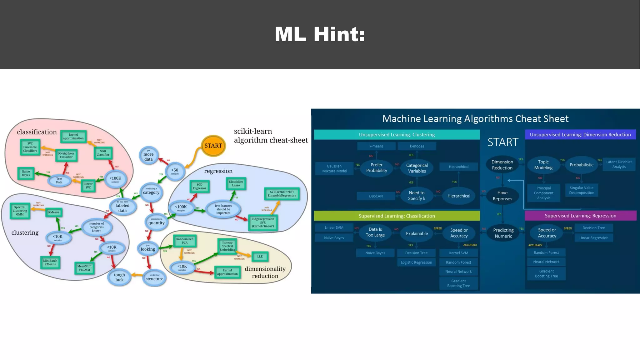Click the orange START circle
(x=213, y=146)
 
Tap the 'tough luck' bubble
(x=119, y=277)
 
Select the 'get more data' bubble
(x=148, y=155)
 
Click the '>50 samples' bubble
(x=175, y=171)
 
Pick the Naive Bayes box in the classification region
(x=26, y=173)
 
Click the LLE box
(x=260, y=257)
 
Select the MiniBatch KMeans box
(x=50, y=262)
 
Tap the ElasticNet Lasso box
(x=236, y=183)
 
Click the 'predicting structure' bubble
(x=154, y=277)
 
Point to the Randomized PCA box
(x=185, y=241)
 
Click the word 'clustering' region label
(x=25, y=232)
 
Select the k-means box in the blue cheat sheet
(x=376, y=146)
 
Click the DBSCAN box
(x=376, y=196)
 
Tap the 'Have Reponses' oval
(x=502, y=196)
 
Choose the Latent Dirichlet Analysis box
(x=619, y=164)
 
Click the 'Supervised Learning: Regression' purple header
(x=580, y=216)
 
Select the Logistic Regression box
(x=416, y=262)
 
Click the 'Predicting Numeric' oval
(x=503, y=233)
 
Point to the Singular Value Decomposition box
(x=582, y=190)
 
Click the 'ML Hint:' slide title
(x=320, y=34)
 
